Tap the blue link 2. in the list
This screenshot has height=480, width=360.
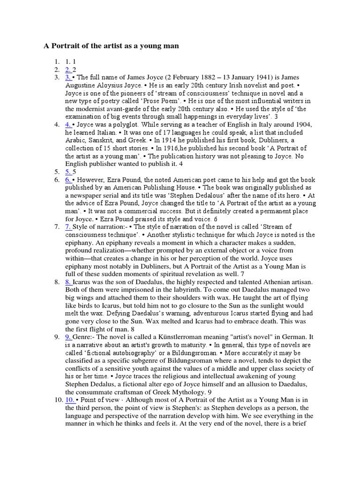click(x=68, y=69)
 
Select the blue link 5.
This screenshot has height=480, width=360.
click(x=68, y=171)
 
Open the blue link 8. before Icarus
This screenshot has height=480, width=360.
click(x=68, y=282)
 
